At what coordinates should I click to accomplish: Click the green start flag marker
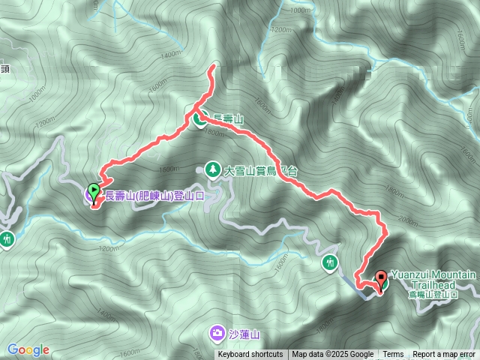click(x=93, y=192)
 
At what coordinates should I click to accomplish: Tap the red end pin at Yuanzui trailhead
click(x=380, y=279)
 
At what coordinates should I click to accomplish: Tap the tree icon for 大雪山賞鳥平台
click(x=213, y=170)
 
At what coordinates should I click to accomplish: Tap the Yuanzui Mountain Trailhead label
click(x=433, y=280)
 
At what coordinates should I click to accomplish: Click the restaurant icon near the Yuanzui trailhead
click(x=331, y=262)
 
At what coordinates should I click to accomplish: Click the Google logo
click(x=28, y=349)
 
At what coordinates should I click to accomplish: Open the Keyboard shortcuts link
click(x=250, y=355)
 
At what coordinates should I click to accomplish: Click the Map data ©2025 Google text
click(x=333, y=355)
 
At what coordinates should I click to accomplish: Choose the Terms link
click(x=393, y=355)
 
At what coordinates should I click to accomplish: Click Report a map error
click(x=445, y=355)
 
